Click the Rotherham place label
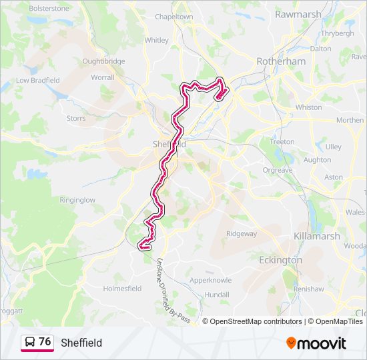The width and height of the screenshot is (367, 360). pyautogui.click(x=281, y=61)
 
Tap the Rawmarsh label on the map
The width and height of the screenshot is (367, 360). pyautogui.click(x=298, y=14)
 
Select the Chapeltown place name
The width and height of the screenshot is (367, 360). pyautogui.click(x=173, y=17)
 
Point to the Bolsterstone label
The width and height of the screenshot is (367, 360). pyautogui.click(x=49, y=9)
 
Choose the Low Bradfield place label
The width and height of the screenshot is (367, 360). pyautogui.click(x=38, y=81)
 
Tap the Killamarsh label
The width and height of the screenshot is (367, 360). pyautogui.click(x=317, y=236)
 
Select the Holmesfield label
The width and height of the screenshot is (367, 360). pyautogui.click(x=122, y=289)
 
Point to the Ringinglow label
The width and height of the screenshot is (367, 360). pyautogui.click(x=77, y=200)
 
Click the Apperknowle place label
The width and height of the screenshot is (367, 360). pyautogui.click(x=210, y=281)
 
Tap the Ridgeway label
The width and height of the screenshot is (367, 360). pyautogui.click(x=242, y=234)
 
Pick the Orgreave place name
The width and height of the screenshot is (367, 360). pyautogui.click(x=277, y=171)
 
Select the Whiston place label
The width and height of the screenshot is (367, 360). pyautogui.click(x=308, y=107)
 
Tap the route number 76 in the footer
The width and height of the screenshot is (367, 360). pyautogui.click(x=45, y=342)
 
